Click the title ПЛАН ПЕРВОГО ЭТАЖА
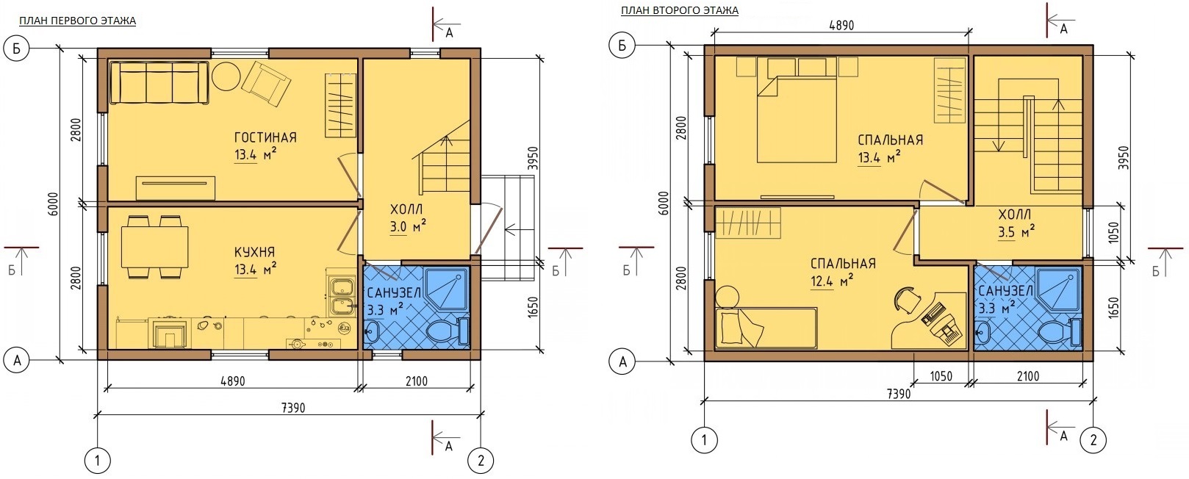click(77, 21)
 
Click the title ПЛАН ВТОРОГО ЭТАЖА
click(680, 10)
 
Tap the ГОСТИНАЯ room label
click(265, 138)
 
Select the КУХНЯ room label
click(255, 252)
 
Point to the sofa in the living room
click(159, 82)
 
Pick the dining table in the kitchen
click(155, 247)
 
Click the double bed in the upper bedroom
click(796, 118)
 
